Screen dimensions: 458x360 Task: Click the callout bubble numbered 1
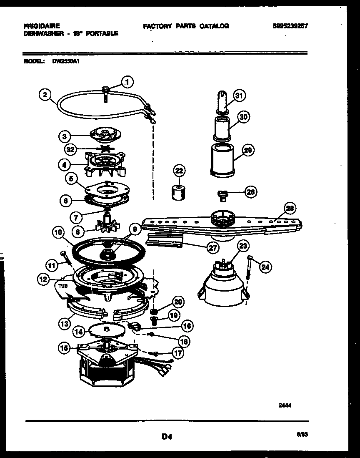pyautogui.click(x=127, y=82)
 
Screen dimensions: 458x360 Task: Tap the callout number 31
pyautogui.click(x=239, y=96)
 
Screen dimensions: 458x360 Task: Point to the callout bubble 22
pyautogui.click(x=179, y=171)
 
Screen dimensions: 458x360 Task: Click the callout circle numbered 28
pyautogui.click(x=290, y=208)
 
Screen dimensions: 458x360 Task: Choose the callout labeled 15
pyautogui.click(x=64, y=349)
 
